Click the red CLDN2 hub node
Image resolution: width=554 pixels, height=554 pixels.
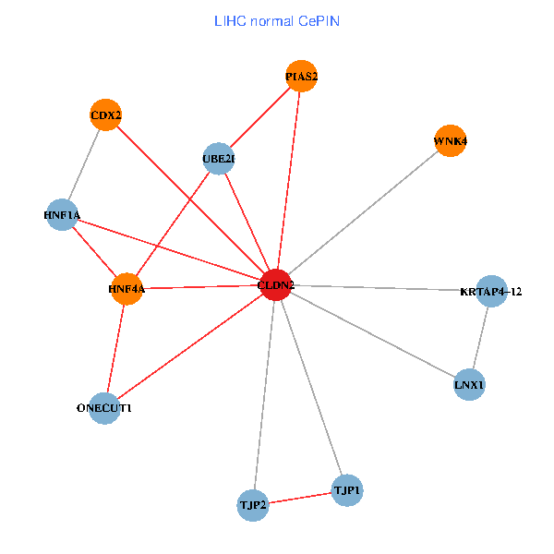pos(276,285)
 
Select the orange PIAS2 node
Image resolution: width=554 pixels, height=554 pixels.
pos(301,77)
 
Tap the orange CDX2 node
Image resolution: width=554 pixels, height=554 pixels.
pos(106,115)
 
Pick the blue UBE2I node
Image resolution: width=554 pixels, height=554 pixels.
pos(218,159)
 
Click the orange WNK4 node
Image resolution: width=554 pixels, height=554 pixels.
pos(450,141)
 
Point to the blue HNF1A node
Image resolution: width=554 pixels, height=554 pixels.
pos(61,215)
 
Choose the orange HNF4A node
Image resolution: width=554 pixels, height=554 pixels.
pos(126,289)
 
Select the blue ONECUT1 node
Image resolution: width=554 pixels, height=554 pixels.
pos(104,407)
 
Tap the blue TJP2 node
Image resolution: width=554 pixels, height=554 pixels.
pos(252,505)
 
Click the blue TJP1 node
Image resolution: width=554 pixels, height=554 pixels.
pos(347,489)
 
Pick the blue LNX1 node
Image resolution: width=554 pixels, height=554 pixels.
pos(470,383)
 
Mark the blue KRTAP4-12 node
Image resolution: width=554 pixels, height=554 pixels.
pos(491,292)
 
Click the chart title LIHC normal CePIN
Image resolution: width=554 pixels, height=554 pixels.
pos(276,20)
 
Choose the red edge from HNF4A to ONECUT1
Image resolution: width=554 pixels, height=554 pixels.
pos(115,348)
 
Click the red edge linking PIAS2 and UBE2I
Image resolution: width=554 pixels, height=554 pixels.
pos(259,118)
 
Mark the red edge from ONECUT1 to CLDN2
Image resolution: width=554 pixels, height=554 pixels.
pos(190,346)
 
